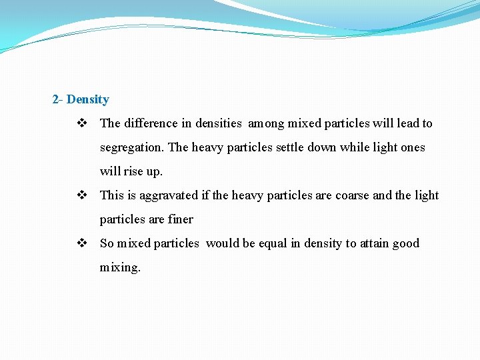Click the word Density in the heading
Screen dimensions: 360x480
(87, 100)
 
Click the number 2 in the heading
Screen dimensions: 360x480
(55, 100)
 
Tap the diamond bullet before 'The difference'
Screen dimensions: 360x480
(81, 123)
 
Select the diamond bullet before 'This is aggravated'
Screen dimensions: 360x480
(81, 195)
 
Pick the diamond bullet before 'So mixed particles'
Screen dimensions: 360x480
(81, 243)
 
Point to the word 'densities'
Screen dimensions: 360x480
(219, 123)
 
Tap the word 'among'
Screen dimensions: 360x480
(267, 123)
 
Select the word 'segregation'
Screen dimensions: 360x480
(132, 147)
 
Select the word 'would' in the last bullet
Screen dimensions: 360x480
(222, 243)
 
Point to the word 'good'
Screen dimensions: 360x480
(407, 243)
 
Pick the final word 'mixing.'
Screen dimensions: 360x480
(120, 267)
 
